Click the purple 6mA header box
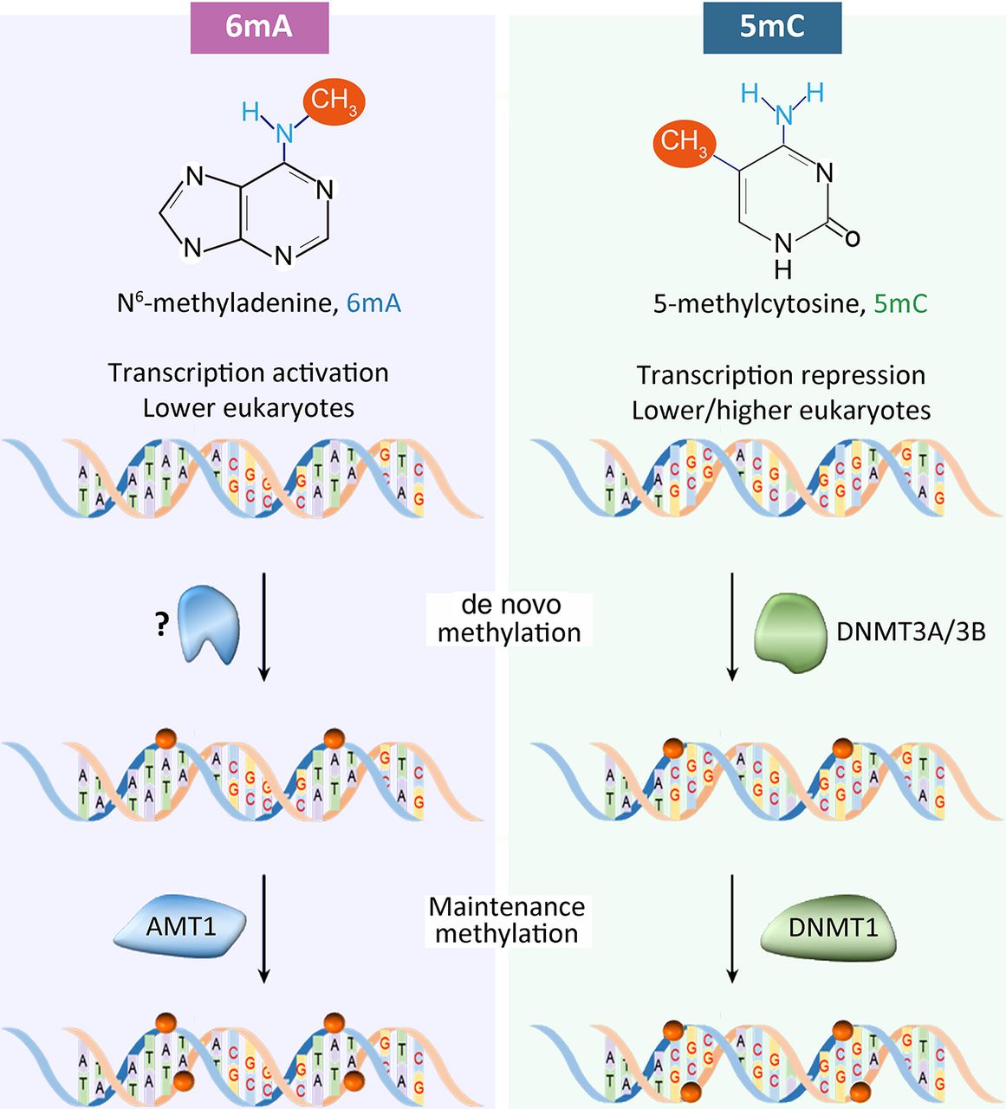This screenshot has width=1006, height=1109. coord(259,27)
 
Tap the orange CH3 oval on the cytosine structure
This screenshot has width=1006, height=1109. coord(684,141)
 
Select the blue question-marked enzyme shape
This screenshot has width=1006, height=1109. coord(209,624)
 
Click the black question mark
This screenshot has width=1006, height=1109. coord(162,626)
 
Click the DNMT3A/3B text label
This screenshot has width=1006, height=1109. coord(911,632)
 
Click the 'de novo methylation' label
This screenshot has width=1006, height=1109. coord(509,619)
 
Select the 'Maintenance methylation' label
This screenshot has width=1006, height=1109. coord(507,920)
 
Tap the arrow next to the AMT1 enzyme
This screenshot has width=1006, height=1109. coord(264,928)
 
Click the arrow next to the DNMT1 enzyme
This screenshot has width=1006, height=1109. coord(732,928)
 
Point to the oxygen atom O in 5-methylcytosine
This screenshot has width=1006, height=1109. coord(852,237)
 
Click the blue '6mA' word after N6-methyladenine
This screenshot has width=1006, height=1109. coord(373,303)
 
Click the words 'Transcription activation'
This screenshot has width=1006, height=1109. coord(248,373)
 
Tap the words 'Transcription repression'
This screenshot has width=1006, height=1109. coord(781,375)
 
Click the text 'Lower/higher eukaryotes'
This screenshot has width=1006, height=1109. coord(781,410)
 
